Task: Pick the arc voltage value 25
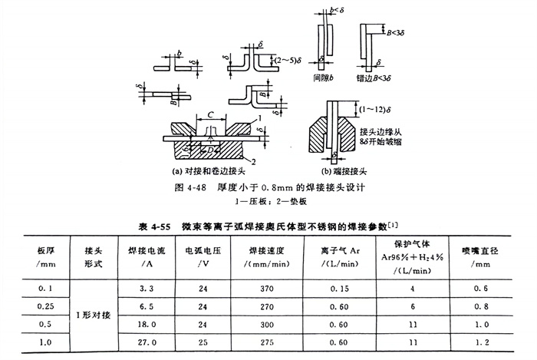tap(202, 339)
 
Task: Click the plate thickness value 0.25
tap(42, 305)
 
